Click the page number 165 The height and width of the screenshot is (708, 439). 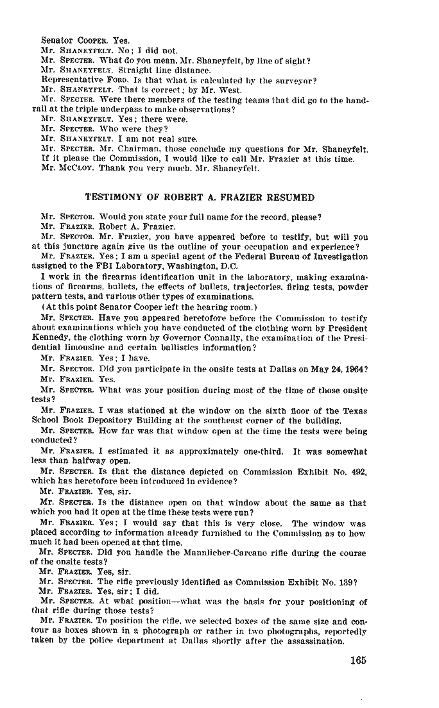[x=358, y=661]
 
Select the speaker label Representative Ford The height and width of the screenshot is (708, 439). [x=81, y=80]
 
